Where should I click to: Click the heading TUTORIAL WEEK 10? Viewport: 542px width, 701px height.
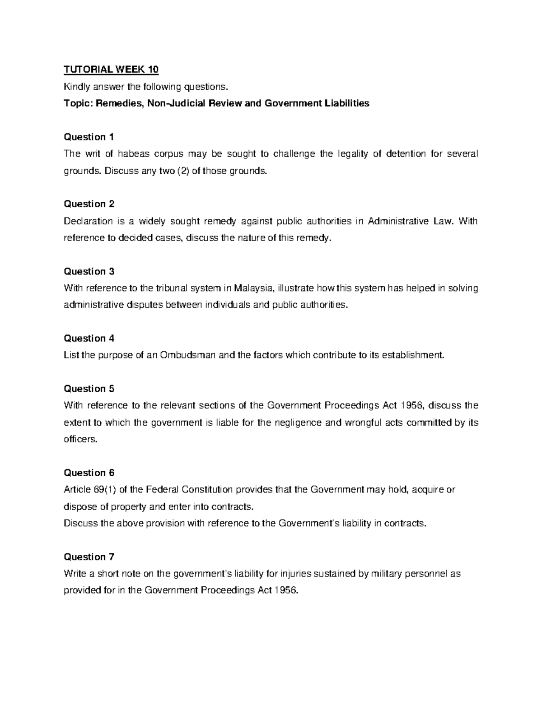coord(111,70)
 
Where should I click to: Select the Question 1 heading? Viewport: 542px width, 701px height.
coord(89,137)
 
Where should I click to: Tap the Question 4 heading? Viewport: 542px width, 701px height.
coord(89,338)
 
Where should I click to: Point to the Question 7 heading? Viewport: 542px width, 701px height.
coord(89,557)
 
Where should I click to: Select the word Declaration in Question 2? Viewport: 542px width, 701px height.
coord(88,221)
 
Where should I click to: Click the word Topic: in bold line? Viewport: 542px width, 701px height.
coord(78,103)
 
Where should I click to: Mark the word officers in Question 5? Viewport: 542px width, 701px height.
coord(80,439)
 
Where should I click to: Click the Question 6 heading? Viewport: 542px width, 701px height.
coord(89,473)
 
